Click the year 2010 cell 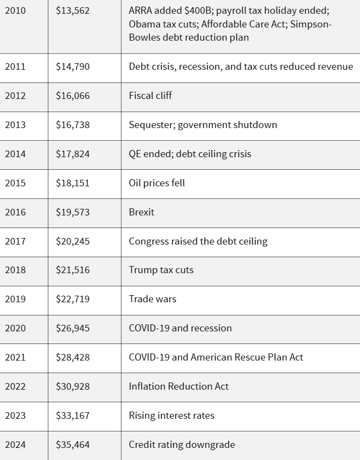(x=15, y=11)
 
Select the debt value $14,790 (x=73, y=66)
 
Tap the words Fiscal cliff (x=150, y=96)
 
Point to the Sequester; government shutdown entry (x=203, y=125)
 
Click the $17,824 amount (x=73, y=154)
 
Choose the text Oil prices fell (x=157, y=183)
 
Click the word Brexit (x=141, y=212)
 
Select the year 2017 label (x=15, y=241)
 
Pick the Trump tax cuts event (x=161, y=270)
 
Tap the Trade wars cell (x=152, y=300)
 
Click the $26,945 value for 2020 (x=73, y=329)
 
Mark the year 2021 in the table (x=15, y=358)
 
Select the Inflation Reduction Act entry (x=179, y=386)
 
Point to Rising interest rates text (x=171, y=415)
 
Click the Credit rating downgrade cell (x=181, y=445)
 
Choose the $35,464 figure (x=73, y=445)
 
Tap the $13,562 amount (x=73, y=11)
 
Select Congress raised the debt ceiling (x=198, y=241)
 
